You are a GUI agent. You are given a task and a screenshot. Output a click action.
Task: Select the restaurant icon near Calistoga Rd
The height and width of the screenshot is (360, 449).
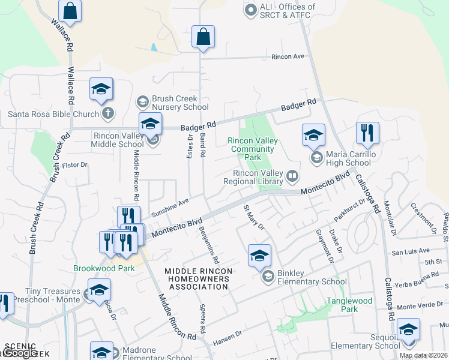point(367,134)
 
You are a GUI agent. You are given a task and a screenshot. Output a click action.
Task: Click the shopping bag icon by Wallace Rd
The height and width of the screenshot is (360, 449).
point(70,11)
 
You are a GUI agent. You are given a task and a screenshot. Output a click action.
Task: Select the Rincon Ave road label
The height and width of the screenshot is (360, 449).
point(289,57)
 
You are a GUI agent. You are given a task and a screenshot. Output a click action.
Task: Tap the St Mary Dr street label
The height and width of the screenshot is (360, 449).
point(253,217)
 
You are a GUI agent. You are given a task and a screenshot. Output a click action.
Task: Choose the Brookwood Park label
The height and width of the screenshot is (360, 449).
point(104,268)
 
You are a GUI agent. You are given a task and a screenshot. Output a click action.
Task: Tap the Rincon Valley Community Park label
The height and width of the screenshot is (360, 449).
point(253,145)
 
